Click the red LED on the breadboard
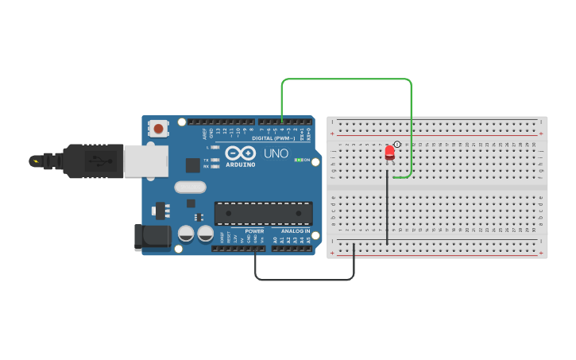click(x=389, y=152)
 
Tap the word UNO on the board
click(x=276, y=153)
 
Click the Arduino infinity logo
click(x=239, y=153)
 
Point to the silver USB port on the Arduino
click(x=146, y=162)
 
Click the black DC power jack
click(x=151, y=237)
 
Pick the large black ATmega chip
click(x=263, y=214)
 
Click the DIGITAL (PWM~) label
click(x=273, y=137)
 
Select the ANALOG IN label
click(x=295, y=231)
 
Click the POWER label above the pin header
click(x=254, y=231)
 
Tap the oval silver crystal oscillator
click(x=190, y=188)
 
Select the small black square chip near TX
click(x=192, y=165)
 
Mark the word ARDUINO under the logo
click(x=240, y=165)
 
